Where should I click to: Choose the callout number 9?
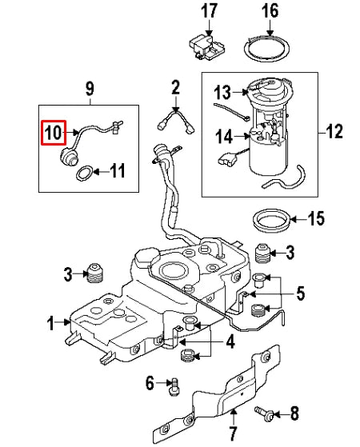tap(89, 86)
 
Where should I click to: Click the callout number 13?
tap(222, 92)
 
